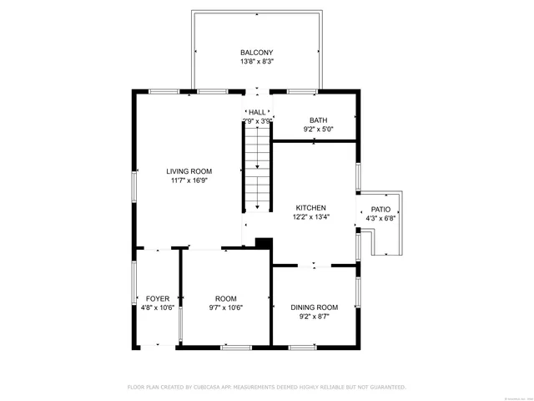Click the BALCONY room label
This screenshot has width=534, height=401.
[257, 53]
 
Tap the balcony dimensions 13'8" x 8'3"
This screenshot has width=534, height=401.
[257, 62]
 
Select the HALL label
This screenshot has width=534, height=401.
[257, 112]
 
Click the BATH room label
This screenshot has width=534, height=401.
[318, 120]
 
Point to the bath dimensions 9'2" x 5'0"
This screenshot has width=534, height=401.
[318, 129]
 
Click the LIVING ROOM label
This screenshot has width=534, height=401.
[189, 171]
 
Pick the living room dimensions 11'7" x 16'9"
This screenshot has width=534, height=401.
[189, 180]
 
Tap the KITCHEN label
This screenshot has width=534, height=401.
[310, 208]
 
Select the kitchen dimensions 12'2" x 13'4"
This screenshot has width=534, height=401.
[310, 217]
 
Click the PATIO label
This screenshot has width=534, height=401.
[380, 210]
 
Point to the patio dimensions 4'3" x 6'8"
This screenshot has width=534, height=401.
[380, 219]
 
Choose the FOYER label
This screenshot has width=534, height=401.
[158, 298]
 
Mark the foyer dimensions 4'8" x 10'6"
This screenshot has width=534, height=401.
[158, 307]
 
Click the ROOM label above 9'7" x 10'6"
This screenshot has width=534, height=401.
[226, 298]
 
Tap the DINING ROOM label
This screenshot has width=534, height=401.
[315, 307]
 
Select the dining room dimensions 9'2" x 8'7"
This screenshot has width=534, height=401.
[315, 317]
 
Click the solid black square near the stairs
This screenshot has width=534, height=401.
[264, 242]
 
